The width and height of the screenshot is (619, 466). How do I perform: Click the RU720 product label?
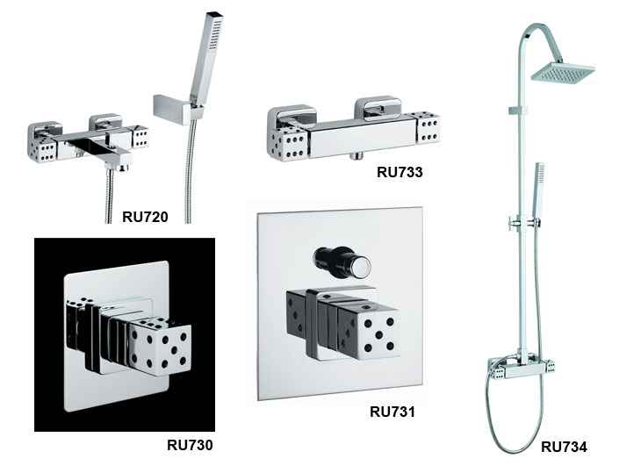click(x=145, y=217)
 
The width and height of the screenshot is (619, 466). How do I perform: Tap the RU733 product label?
click(x=399, y=172)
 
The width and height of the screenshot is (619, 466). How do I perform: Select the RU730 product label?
click(x=190, y=445)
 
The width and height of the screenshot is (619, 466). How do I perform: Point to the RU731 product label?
click(x=392, y=412)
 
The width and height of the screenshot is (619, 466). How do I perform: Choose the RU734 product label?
click(x=564, y=447)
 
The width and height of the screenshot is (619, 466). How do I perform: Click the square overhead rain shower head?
click(x=563, y=73)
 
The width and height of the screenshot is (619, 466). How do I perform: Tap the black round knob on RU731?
click(x=342, y=262)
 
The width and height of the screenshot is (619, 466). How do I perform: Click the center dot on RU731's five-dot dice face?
click(x=379, y=335)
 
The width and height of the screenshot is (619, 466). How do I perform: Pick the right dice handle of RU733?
click(x=428, y=128)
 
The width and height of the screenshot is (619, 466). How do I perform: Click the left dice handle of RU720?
click(x=43, y=147)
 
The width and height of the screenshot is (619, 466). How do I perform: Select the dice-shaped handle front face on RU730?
click(x=161, y=348)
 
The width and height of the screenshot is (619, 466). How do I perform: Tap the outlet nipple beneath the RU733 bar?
click(x=356, y=156)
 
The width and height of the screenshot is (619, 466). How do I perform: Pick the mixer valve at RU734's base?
click(x=521, y=368)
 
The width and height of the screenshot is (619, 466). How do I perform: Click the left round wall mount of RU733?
click(x=292, y=117)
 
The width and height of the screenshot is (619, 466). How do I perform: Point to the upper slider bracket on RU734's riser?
click(x=518, y=110)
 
